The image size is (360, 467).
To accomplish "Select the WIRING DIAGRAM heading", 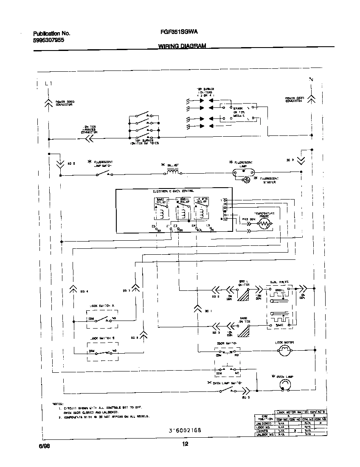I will pyautogui.click(x=182, y=45).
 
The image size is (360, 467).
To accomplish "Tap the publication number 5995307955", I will pyautogui.click(x=49, y=40).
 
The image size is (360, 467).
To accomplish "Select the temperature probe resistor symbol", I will pyautogui.click(x=264, y=223).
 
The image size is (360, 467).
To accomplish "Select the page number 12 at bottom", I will pyautogui.click(x=185, y=444).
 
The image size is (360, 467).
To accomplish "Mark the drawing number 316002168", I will pyautogui.click(x=185, y=430).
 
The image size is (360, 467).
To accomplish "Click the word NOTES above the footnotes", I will pyautogui.click(x=58, y=403).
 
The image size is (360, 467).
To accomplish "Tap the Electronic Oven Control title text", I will pyautogui.click(x=173, y=192).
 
